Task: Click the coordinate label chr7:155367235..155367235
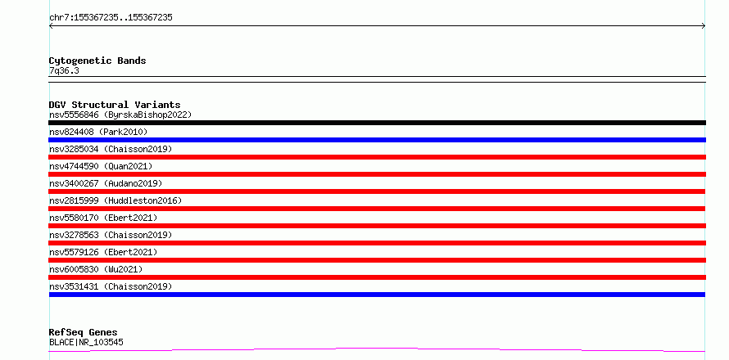point(111,18)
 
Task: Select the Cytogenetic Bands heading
point(97,61)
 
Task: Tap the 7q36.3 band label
point(64,71)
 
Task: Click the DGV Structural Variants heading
point(115,105)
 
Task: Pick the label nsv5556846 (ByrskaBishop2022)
point(120,115)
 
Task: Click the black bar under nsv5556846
point(377,123)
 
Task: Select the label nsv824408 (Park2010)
point(98,132)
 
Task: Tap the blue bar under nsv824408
point(377,140)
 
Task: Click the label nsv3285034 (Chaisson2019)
point(111,149)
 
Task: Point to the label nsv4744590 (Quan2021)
point(101,166)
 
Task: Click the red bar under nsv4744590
point(377,174)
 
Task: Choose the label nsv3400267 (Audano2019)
point(106,183)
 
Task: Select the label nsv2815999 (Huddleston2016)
point(115,200)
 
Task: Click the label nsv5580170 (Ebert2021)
point(103,218)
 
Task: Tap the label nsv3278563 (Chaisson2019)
point(111,235)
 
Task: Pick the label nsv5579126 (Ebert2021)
point(103,252)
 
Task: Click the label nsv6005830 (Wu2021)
point(96,269)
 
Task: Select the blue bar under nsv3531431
point(377,295)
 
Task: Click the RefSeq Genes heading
point(84,332)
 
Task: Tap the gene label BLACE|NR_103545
point(86,343)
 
